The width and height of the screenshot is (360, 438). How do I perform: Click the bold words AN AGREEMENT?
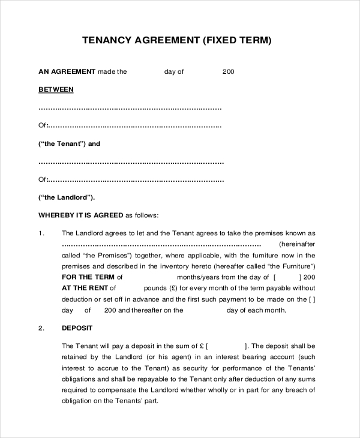click(x=67, y=71)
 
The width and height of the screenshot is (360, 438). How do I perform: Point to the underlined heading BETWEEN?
click(x=56, y=89)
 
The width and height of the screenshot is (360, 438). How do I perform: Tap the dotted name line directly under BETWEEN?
click(x=130, y=109)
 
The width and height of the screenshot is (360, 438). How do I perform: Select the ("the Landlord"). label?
click(x=67, y=197)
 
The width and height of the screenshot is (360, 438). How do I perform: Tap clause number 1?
click(x=41, y=233)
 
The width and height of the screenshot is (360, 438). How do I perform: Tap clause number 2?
click(x=41, y=328)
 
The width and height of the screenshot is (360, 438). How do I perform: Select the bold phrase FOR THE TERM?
click(x=88, y=277)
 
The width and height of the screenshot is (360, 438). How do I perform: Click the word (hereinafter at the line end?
click(x=297, y=245)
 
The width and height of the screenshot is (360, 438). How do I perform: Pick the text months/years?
click(x=196, y=277)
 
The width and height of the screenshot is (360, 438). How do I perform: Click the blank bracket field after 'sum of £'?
click(x=226, y=346)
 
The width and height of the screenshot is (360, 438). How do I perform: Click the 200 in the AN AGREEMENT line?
click(x=228, y=71)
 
